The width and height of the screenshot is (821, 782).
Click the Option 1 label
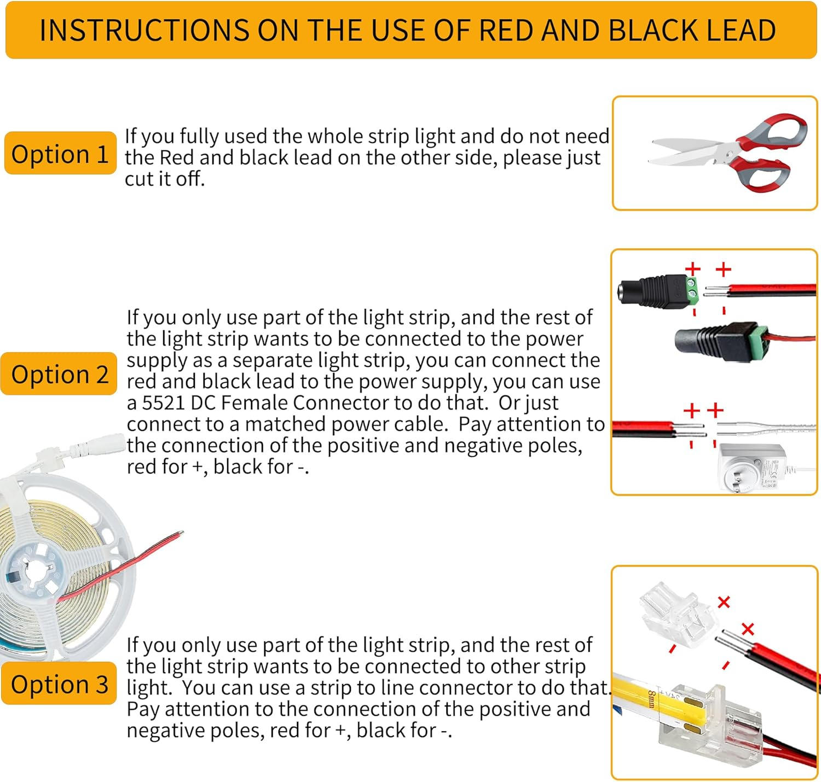tap(60, 154)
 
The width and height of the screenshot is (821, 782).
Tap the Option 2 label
tap(59, 374)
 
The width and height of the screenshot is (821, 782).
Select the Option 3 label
tap(59, 684)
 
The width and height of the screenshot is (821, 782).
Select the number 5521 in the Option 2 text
tap(164, 403)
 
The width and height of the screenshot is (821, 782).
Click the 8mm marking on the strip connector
tap(652, 699)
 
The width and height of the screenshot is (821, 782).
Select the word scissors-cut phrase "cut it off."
tap(165, 179)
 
